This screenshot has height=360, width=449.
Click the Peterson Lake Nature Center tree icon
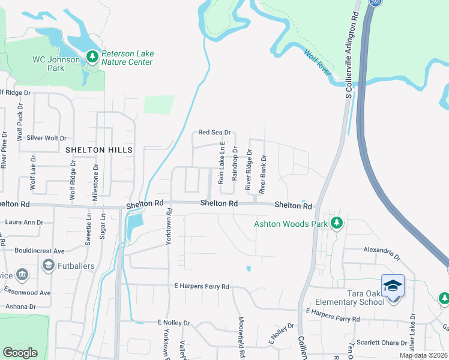92,57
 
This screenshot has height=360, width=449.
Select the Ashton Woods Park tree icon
337,223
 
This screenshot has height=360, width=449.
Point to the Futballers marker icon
48,265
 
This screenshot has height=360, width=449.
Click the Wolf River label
318,63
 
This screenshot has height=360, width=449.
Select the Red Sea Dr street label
214,133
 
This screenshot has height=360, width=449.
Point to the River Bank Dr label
262,174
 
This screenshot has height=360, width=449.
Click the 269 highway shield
375,3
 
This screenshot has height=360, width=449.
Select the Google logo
20,353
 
